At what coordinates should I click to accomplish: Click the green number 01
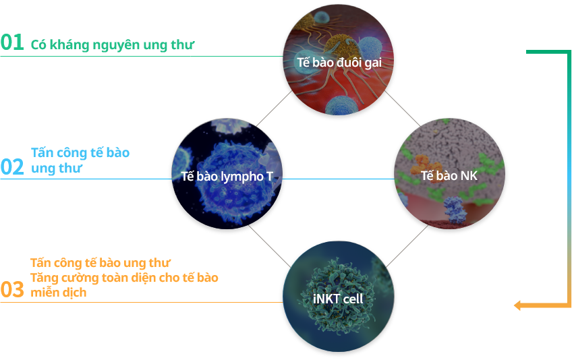(x=12, y=42)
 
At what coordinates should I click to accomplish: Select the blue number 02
(x=12, y=167)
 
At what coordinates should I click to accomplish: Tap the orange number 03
(x=12, y=290)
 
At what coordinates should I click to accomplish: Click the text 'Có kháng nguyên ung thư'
(x=113, y=44)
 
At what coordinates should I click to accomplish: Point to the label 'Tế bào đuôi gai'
(x=339, y=63)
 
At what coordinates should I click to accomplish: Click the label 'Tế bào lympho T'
(x=227, y=177)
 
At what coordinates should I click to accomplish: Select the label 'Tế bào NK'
(x=449, y=176)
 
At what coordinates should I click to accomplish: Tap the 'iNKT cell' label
(x=338, y=299)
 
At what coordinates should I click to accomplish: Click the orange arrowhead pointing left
(x=517, y=305)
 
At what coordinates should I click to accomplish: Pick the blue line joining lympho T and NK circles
(x=338, y=179)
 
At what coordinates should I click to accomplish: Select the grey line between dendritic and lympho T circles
(x=274, y=109)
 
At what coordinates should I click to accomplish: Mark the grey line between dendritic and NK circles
(x=403, y=109)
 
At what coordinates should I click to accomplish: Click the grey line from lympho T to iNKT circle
(x=270, y=246)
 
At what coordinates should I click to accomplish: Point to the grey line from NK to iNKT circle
(x=407, y=246)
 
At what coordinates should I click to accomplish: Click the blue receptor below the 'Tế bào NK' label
(x=454, y=209)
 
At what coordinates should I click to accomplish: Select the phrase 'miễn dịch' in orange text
(x=59, y=293)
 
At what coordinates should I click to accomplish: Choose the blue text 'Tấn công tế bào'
(x=80, y=152)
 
